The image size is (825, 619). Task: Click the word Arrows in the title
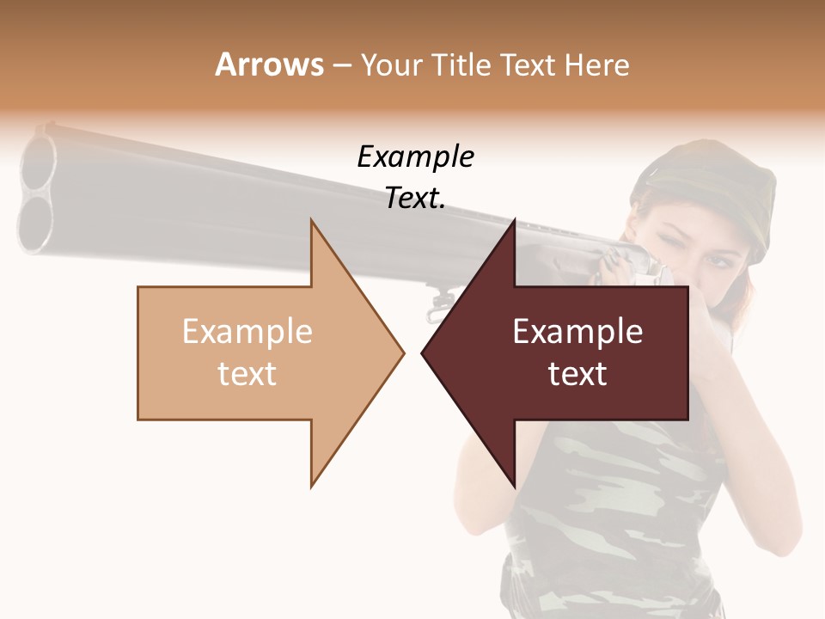[x=269, y=64]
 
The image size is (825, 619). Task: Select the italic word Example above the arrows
[x=415, y=157]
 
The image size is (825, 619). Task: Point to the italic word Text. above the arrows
[x=415, y=199]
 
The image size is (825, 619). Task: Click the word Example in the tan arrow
[x=247, y=332]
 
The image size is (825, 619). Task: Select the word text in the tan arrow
[x=247, y=374]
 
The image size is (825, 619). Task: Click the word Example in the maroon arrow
[x=577, y=332]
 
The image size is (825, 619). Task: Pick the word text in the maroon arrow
[x=577, y=374]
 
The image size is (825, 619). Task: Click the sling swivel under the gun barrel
[x=439, y=301]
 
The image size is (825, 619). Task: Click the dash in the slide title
[x=341, y=64]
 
